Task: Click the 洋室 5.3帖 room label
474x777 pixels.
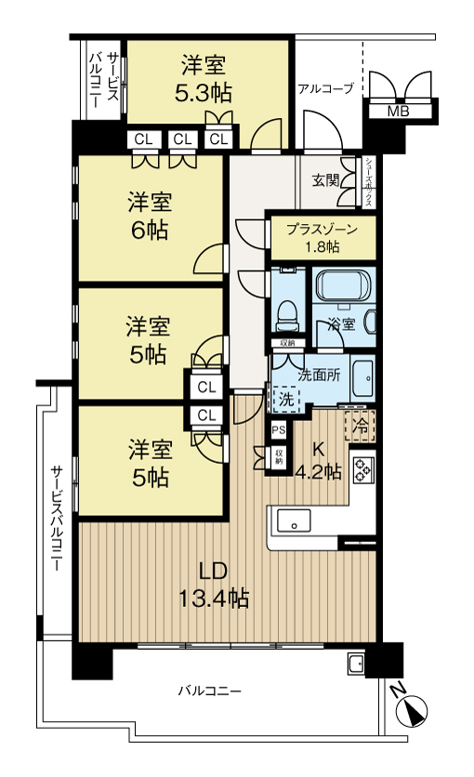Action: [204, 79]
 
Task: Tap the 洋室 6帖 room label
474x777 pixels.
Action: [149, 217]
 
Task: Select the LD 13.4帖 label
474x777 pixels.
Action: [213, 585]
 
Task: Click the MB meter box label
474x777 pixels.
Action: [397, 112]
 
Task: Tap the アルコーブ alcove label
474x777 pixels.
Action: [325, 89]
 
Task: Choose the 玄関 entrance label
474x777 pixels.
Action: [325, 179]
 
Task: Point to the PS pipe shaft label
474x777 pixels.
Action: [278, 430]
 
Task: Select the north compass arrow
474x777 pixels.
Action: [410, 711]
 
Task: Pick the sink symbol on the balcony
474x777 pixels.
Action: [355, 663]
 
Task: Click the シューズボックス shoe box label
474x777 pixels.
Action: [369, 181]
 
